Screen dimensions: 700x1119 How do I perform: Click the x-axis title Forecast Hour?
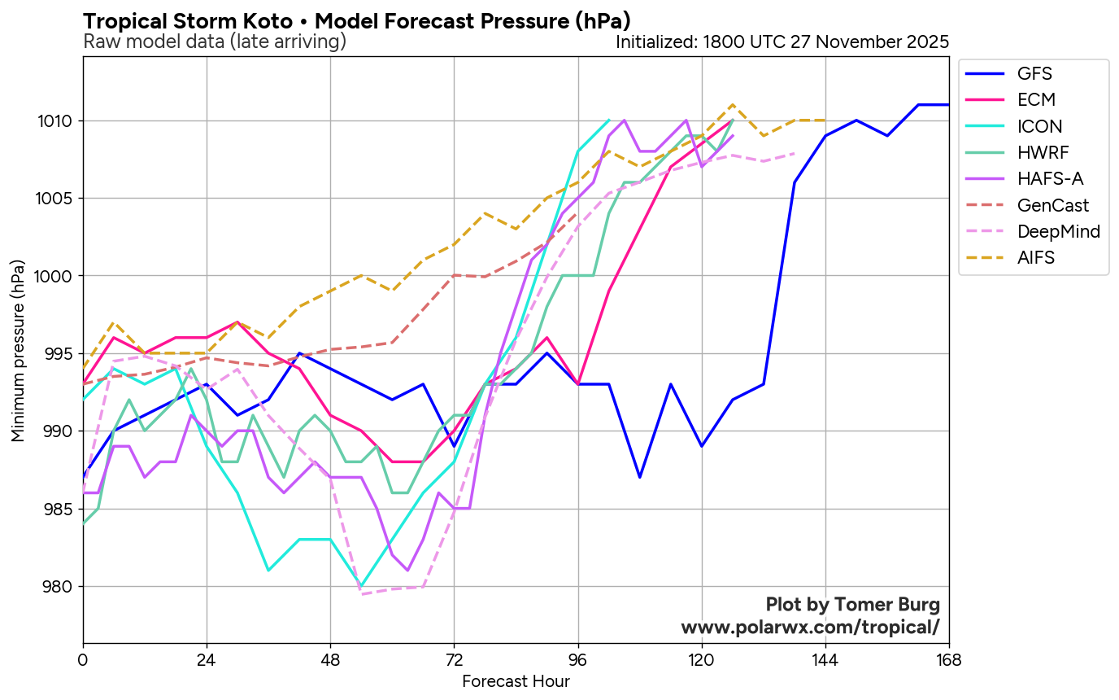pos(516,682)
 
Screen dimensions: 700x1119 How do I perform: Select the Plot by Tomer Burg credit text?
pos(853,605)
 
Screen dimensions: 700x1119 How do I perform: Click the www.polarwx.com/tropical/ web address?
pos(810,628)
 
